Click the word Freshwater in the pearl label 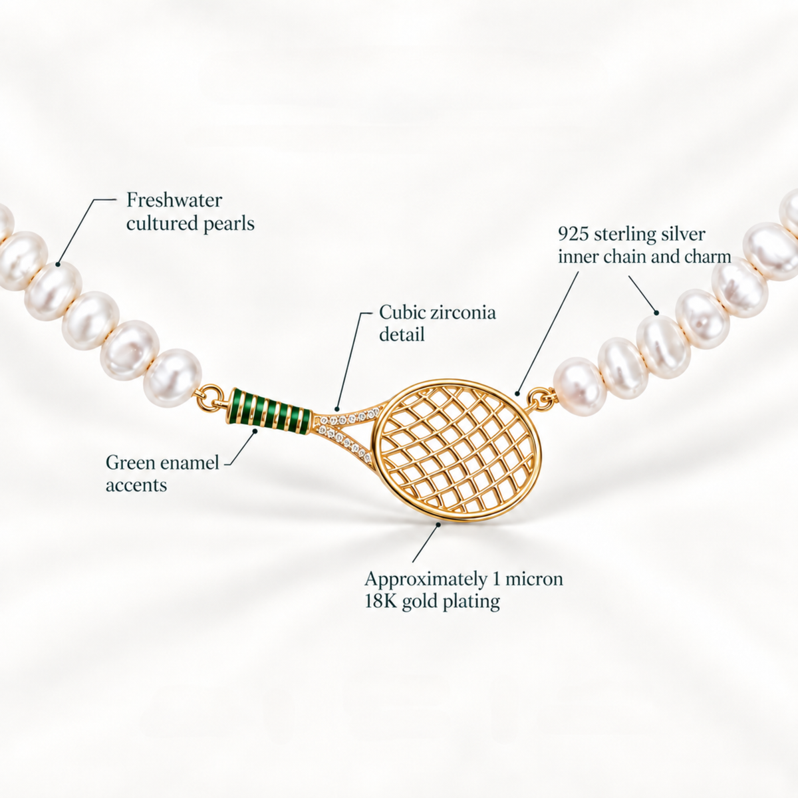click(174, 200)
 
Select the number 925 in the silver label click(573, 234)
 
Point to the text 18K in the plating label click(380, 601)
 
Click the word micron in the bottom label click(534, 579)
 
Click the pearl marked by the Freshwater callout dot click(53, 291)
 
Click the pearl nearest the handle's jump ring click(173, 378)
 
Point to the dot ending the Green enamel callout click(255, 431)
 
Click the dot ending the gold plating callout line click(438, 524)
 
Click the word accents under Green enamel click(136, 485)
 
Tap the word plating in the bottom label click(471, 602)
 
